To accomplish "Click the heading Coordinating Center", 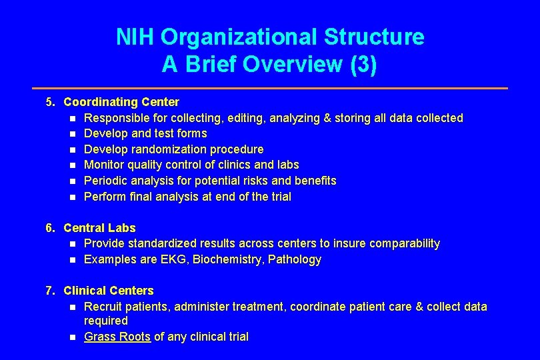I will coord(121,102).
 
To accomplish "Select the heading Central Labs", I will coord(99,228).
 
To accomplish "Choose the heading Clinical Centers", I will coord(109,291).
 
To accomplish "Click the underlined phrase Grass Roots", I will coord(117,337).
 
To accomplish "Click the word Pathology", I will coord(295,259).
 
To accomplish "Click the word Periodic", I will coord(105,181).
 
